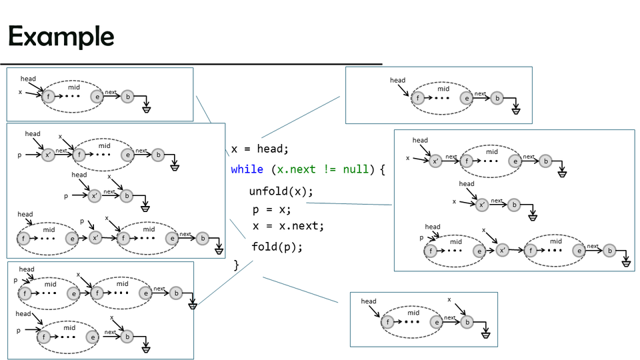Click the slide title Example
coord(61,36)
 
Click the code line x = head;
coord(259,149)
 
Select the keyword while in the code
coord(247,169)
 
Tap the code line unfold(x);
coord(281,191)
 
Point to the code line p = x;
coord(271,209)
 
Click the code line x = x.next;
coord(288,226)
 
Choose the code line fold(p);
coord(277,247)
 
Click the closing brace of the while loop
coord(236,265)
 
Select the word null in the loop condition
coord(355,169)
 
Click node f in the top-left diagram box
coord(48,97)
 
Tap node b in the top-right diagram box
coord(497,99)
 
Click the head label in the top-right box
coord(397,81)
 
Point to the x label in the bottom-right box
coord(449,300)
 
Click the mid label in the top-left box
coord(74,87)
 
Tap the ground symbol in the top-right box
coord(515,109)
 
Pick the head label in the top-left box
coord(28,79)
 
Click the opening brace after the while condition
coord(383,169)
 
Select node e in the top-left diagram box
coord(97,97)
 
